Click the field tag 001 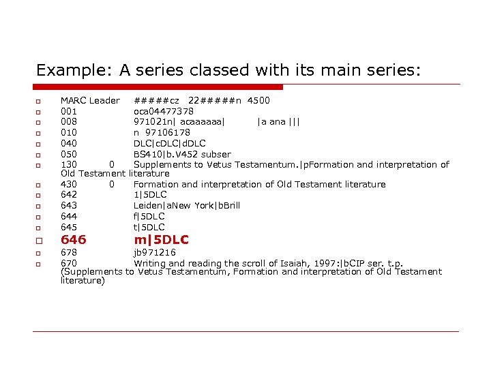pos(69,111)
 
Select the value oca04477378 pos(163,111)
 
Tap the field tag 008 pos(69,122)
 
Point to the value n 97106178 pos(162,132)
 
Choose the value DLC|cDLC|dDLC pos(169,143)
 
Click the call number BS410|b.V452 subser pos(182,154)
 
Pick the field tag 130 pos(69,164)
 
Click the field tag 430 pos(69,184)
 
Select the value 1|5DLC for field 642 pos(150,195)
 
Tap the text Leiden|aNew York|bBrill pos(187,205)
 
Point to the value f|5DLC pos(149,216)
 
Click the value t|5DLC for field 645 pos(149,227)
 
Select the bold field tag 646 pos(74,240)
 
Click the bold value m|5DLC pos(161,240)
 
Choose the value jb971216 pos(154,252)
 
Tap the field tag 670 pos(69,263)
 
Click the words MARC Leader pos(90,101)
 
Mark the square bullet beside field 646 pos(40,241)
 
